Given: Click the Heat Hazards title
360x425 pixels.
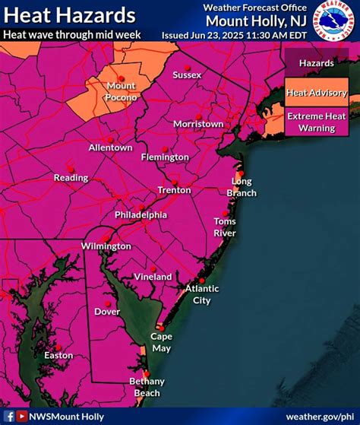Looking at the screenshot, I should [69, 15].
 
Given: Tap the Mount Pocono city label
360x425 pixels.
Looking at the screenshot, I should [122, 91].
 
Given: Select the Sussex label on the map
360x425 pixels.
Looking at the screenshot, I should [187, 75].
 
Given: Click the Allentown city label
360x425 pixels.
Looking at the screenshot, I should [110, 147].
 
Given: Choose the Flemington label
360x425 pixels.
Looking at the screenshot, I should [165, 157].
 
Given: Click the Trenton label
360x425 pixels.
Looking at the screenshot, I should [174, 189].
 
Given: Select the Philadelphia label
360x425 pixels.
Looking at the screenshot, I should [141, 214].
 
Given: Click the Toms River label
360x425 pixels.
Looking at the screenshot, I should [224, 227].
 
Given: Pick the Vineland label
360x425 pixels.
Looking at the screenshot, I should [153, 277].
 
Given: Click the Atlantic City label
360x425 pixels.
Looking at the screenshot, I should [202, 294].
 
